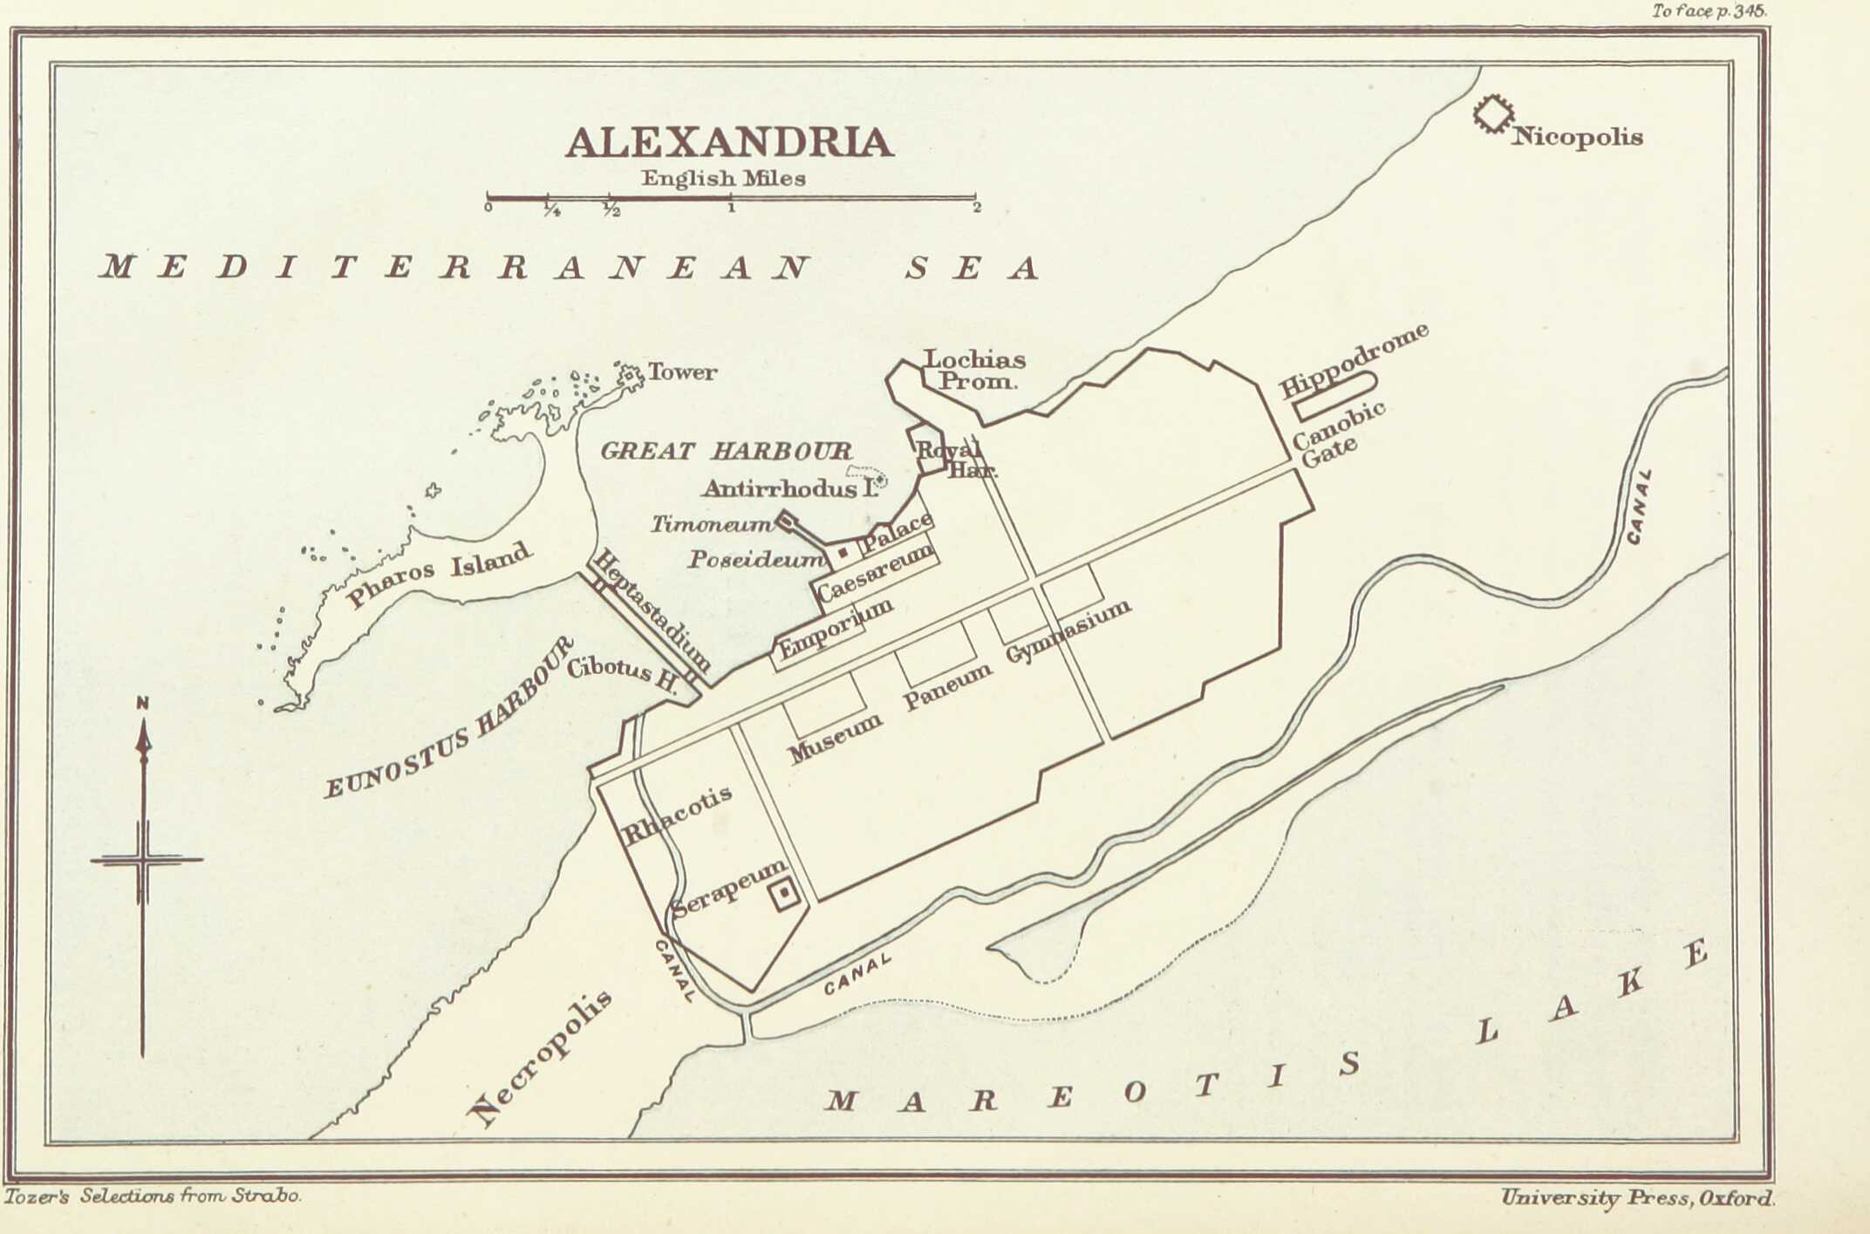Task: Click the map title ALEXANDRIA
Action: (729, 143)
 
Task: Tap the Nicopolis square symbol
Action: (1493, 114)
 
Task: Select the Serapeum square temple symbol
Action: (783, 893)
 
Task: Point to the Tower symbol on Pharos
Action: (629, 376)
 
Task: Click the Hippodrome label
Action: (1354, 359)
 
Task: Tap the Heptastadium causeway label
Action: (652, 610)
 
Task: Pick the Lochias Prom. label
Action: (974, 370)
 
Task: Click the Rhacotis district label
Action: (677, 815)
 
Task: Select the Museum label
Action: (836, 738)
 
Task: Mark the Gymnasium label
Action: (1068, 631)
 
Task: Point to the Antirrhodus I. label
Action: (789, 488)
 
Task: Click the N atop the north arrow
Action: (143, 703)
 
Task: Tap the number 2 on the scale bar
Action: (977, 208)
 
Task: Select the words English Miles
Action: (723, 178)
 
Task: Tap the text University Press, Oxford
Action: (1637, 1197)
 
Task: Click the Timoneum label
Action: (712, 524)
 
